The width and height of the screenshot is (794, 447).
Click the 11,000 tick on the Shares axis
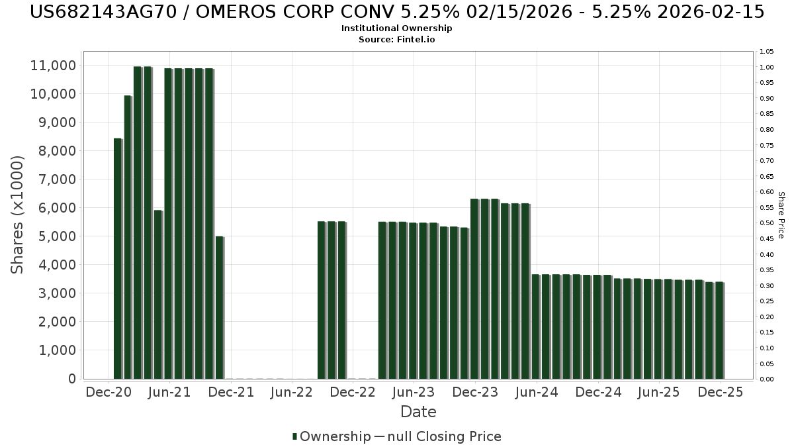coord(53,66)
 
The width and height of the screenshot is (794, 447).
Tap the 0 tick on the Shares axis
coord(71,379)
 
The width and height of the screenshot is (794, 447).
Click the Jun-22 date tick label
coord(292,392)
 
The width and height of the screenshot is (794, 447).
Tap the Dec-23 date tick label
coord(475,392)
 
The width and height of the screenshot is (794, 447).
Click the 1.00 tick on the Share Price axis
coord(767,68)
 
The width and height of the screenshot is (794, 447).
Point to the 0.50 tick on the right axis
coord(767,223)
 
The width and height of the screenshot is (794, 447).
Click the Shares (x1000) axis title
coord(18,214)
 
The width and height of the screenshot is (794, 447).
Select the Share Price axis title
coord(781,215)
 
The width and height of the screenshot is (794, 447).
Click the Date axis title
coord(418,412)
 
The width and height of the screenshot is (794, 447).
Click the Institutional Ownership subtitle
coord(396,28)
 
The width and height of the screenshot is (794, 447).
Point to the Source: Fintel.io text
coord(396,40)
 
